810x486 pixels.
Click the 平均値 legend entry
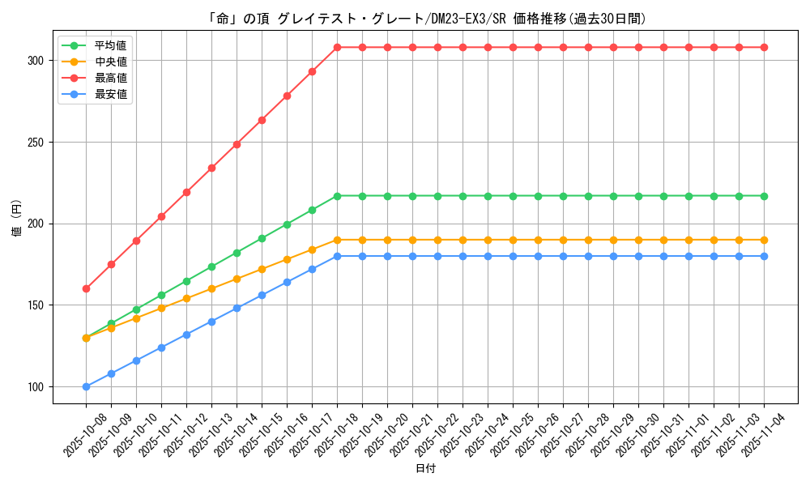click(x=111, y=45)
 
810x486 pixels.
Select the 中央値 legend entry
click(x=111, y=62)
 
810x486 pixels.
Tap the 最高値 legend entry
click(x=111, y=78)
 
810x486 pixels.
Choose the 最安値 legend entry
click(x=111, y=94)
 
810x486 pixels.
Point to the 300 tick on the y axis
click(x=35, y=61)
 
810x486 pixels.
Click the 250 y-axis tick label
click(x=35, y=143)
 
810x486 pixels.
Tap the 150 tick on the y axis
click(x=35, y=305)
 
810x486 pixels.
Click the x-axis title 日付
click(x=425, y=469)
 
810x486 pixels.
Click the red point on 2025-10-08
click(x=86, y=288)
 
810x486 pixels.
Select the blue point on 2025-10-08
click(x=86, y=386)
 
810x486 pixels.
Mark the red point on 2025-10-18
click(x=337, y=47)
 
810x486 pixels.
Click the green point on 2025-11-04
click(x=764, y=196)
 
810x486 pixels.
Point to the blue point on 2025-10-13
click(x=211, y=322)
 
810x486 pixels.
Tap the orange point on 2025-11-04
click(x=764, y=240)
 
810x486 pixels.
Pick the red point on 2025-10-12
click(x=186, y=192)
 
